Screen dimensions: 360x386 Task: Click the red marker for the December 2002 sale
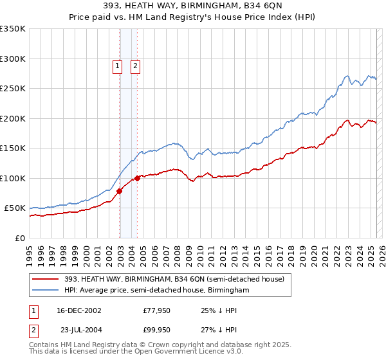[120, 190]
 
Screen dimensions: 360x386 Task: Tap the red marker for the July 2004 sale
[138, 177]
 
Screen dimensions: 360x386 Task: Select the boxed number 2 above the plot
[136, 65]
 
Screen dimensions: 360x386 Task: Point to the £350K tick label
[13, 29]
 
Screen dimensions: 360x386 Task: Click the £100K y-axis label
[13, 178]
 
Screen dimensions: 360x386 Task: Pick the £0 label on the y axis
[21, 238]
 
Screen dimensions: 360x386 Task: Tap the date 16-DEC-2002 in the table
[78, 311]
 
